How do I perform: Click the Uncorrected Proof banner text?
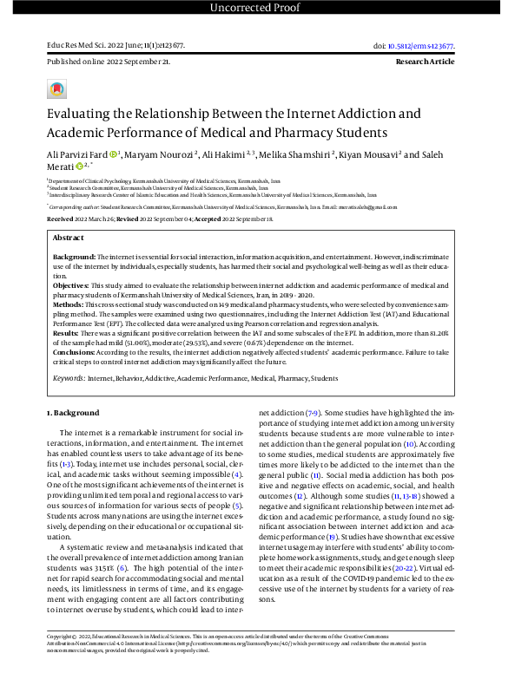pos(257,9)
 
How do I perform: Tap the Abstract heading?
pos(69,237)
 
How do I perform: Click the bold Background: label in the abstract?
pos(75,258)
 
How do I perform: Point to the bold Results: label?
pos(68,332)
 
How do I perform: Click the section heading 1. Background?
pos(74,413)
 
